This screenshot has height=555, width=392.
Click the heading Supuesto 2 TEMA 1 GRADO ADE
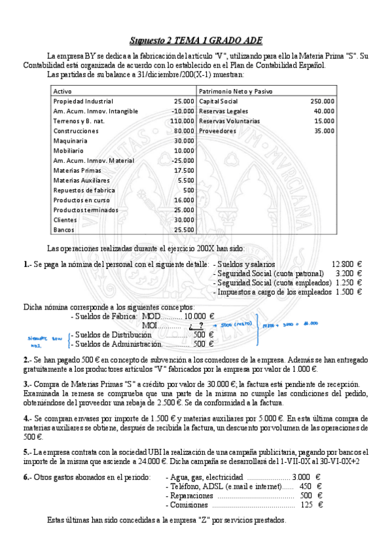click(196, 40)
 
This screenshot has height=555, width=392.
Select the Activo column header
click(63, 91)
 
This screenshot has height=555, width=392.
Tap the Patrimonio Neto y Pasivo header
click(236, 91)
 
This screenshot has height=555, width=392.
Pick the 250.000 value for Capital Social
click(322, 101)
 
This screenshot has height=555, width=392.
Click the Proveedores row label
click(217, 131)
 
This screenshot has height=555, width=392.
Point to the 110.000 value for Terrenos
click(182, 121)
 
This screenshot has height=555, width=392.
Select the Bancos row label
click(64, 230)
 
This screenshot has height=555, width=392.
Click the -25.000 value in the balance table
click(182, 160)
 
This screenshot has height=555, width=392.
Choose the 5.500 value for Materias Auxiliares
click(185, 180)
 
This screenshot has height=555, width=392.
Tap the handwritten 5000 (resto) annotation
click(236, 324)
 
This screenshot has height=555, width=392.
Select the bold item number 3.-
click(27, 384)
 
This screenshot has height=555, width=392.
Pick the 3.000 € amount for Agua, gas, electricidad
click(306, 477)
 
